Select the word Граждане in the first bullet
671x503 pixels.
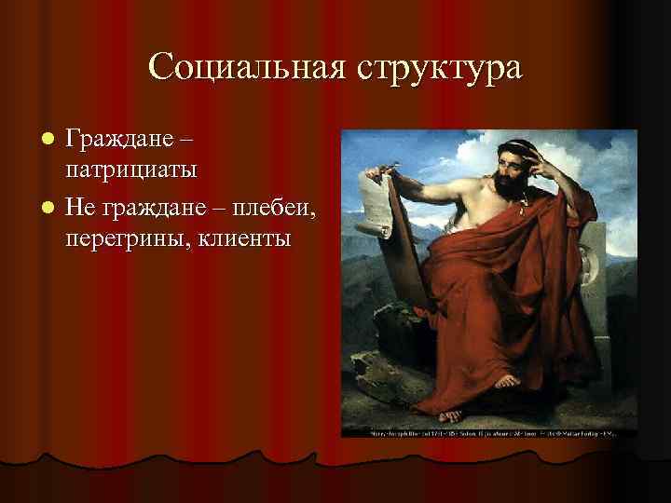[118, 143]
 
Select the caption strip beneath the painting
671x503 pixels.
[489, 433]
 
